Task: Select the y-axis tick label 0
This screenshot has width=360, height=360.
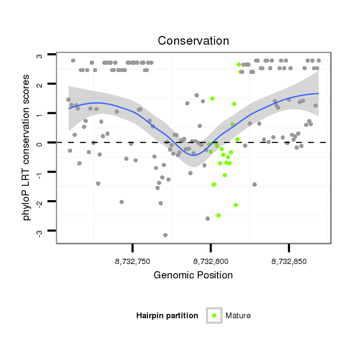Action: click(39, 143)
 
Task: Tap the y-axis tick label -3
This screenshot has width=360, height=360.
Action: click(39, 232)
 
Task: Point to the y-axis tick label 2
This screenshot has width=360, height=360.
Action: click(39, 84)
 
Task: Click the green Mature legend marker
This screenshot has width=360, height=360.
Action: click(214, 315)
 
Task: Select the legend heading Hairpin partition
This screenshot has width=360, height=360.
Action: click(167, 316)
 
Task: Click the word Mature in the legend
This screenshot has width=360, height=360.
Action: click(238, 316)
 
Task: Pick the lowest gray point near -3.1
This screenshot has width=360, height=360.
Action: click(165, 235)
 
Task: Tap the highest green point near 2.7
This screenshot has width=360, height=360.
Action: click(239, 64)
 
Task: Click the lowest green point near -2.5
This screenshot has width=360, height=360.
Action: click(218, 215)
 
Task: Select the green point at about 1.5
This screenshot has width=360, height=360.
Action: click(212, 98)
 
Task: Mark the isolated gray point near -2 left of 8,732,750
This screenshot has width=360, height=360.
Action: click(121, 202)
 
